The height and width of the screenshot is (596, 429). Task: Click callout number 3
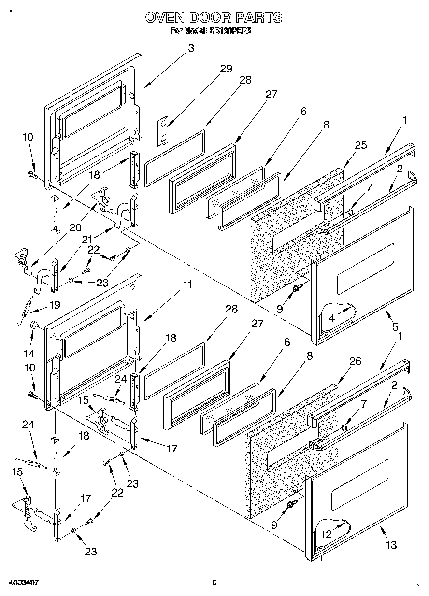(191, 48)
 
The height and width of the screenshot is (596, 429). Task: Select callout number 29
(226, 69)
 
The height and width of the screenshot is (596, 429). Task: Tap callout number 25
(360, 145)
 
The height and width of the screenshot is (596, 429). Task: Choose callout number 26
(355, 361)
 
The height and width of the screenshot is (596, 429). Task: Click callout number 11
(187, 285)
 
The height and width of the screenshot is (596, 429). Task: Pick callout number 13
(392, 545)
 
